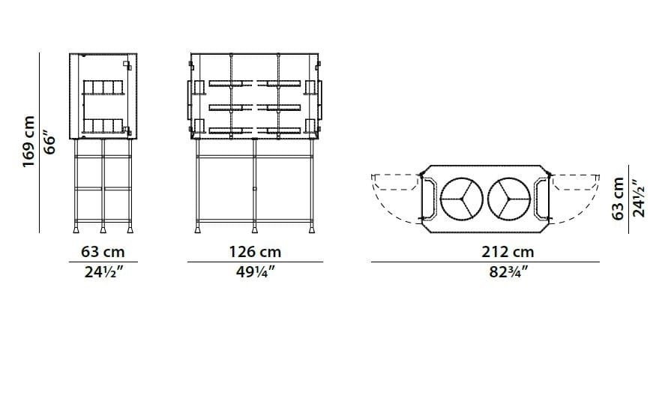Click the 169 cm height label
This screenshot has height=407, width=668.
29,142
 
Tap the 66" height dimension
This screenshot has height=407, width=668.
50,142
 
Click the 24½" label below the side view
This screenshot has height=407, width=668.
103,271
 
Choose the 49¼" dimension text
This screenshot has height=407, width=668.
254,271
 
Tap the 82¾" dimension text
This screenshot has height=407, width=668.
508,271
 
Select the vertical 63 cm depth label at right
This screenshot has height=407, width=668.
619,199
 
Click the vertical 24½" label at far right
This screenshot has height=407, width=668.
639,199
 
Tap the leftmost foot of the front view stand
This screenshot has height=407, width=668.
198,226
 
